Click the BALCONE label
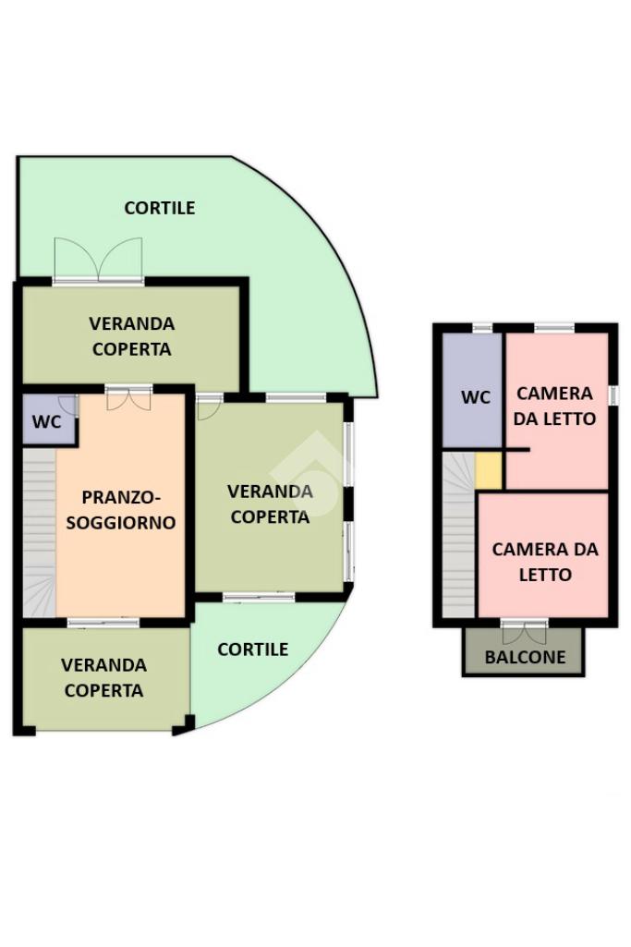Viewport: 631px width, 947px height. click(523, 659)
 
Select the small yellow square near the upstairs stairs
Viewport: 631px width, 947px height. click(489, 471)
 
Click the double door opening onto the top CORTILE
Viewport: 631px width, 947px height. click(98, 261)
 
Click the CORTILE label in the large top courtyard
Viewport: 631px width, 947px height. click(160, 208)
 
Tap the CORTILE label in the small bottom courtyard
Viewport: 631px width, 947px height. click(252, 650)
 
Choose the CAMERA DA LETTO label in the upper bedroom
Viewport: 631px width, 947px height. click(555, 407)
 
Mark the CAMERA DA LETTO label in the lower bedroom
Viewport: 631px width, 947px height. click(545, 562)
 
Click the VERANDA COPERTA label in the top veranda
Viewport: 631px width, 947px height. click(131, 336)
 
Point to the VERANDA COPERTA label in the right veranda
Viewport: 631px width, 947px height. click(270, 504)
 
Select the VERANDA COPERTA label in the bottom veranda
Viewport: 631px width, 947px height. click(103, 677)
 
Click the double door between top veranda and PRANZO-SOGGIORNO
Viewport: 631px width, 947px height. click(127, 398)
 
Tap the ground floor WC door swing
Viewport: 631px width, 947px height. click(67, 406)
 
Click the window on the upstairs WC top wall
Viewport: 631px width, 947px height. click(482, 327)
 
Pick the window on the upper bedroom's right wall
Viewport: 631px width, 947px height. click(613, 395)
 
